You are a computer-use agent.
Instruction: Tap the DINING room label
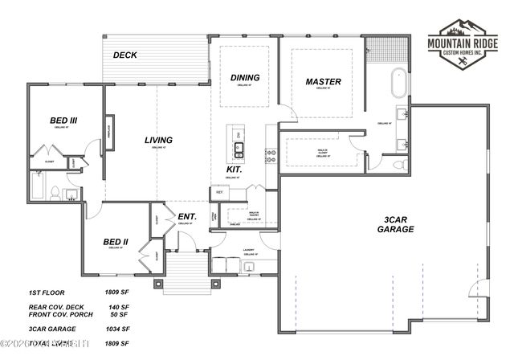tap(244, 78)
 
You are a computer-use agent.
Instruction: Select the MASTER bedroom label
tap(324, 82)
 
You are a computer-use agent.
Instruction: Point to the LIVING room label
tap(158, 141)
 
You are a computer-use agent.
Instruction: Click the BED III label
tap(63, 121)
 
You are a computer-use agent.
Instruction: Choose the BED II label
tap(116, 241)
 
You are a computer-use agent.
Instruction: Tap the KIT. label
tap(235, 170)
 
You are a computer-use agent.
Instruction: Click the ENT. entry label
tap(187, 215)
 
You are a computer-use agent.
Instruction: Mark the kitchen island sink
tap(239, 146)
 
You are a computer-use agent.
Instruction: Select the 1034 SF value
tap(117, 329)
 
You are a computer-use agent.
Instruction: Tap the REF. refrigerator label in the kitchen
tap(218, 192)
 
